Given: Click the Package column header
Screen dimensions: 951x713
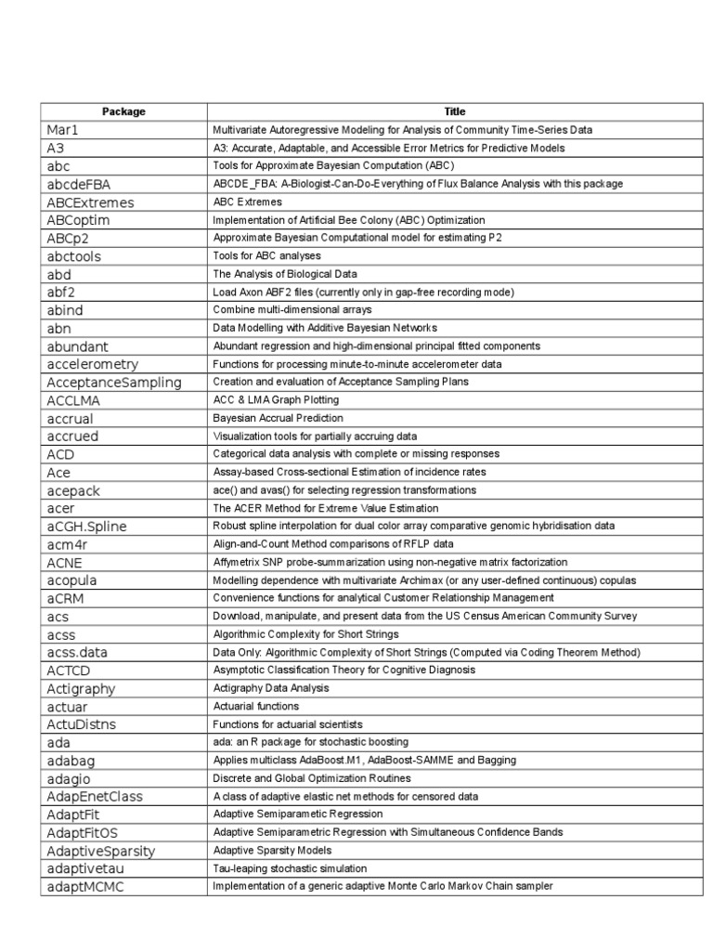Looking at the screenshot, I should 123,111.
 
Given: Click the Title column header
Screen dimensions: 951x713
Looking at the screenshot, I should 454,111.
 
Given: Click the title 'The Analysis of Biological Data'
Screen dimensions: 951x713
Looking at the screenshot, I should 285,274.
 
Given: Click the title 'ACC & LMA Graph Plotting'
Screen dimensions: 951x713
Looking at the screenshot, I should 276,400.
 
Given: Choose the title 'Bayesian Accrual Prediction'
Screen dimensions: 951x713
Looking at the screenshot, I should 278,418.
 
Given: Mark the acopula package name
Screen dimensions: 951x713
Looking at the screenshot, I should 72,580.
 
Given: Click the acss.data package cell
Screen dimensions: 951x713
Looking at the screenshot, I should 76,652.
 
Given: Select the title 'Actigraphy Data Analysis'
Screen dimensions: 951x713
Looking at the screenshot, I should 271,688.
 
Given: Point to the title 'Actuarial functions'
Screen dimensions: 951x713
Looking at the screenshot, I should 256,706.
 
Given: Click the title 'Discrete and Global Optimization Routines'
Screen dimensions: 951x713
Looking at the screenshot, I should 311,778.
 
